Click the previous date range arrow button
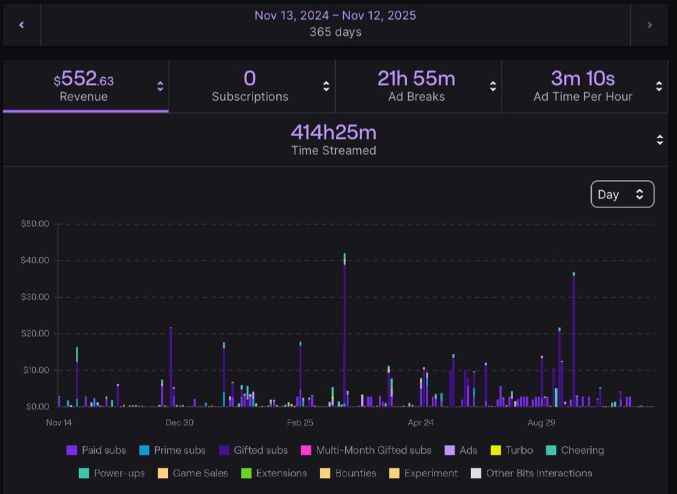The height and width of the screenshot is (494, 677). tap(22, 25)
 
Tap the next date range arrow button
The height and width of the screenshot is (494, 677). tap(650, 25)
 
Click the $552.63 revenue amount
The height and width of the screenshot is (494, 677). tap(84, 81)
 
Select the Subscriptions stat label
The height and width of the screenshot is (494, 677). tap(250, 97)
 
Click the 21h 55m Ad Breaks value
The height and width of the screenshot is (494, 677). tap(416, 78)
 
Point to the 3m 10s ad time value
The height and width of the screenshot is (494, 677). tap(582, 78)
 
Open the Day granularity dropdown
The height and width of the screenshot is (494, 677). tap(622, 194)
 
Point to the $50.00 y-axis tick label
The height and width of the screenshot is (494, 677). tap(35, 224)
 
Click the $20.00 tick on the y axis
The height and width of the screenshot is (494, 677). tap(35, 334)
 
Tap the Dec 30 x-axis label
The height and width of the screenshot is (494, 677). tap(179, 423)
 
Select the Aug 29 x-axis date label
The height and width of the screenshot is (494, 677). tap(541, 423)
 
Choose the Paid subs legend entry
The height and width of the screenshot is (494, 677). tap(96, 451)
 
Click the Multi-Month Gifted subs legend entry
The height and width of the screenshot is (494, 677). tap(366, 451)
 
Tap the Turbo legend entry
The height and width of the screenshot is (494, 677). tap(512, 451)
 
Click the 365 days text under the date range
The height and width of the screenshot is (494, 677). tap(335, 32)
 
